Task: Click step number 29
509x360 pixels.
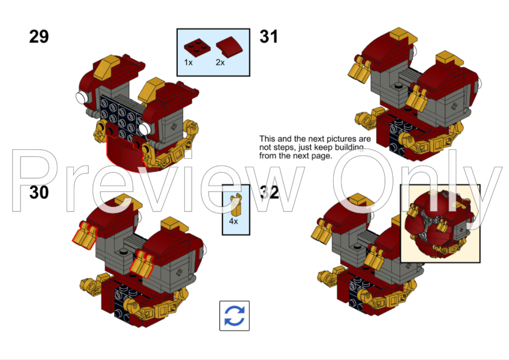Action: tap(39, 37)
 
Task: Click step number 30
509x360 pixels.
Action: tap(39, 192)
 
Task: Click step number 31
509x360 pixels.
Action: tap(269, 37)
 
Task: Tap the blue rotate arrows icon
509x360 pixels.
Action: tap(235, 316)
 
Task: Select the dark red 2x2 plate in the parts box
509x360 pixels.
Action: tap(197, 47)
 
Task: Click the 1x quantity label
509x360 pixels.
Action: tap(188, 62)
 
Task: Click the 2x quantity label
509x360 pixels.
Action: tap(220, 62)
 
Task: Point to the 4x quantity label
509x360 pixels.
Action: tap(233, 221)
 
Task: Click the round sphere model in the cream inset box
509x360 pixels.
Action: tap(438, 223)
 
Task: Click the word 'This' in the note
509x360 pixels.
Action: tap(267, 139)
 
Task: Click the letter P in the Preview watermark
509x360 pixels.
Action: tap(31, 181)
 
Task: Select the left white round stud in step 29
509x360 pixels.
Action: tap(82, 97)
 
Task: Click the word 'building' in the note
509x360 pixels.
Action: tap(349, 147)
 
